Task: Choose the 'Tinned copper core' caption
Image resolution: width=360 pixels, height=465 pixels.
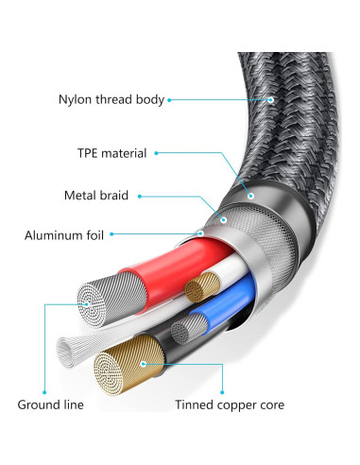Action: (x=230, y=405)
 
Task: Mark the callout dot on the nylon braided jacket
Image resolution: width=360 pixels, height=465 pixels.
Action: (x=270, y=98)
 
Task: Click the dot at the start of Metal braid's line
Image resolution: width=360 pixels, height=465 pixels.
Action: (x=140, y=196)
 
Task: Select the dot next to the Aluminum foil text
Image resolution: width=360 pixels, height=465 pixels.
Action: (x=113, y=233)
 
